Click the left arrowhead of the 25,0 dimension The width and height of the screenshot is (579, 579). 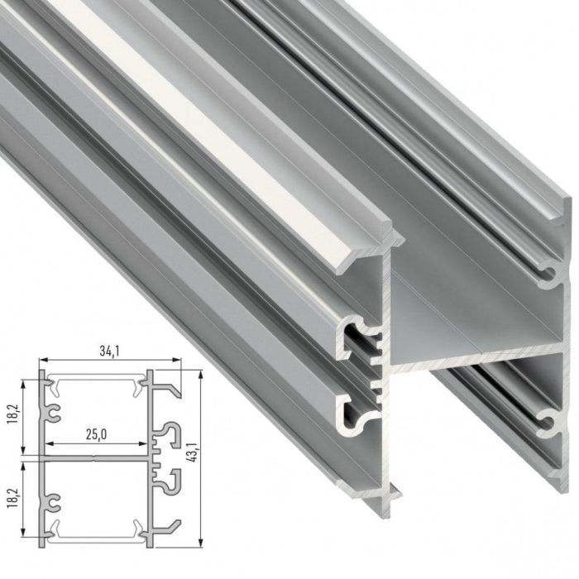coord(48,443)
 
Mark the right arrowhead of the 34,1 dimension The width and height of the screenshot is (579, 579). coord(177,360)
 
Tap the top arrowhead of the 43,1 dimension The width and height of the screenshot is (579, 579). coord(201,374)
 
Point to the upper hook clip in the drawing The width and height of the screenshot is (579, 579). coord(171,432)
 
